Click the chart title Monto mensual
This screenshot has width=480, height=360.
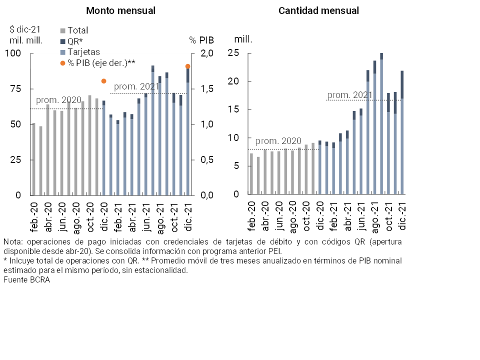120,10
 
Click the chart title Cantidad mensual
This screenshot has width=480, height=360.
318,10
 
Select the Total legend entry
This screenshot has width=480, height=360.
77,30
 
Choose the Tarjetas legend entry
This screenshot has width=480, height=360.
83,52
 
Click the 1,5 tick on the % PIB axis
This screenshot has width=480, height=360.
207,89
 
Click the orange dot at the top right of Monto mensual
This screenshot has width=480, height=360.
188,66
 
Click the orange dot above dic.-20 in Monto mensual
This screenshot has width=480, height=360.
103,81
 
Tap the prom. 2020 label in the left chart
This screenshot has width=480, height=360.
58,100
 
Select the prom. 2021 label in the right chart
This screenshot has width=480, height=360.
350,95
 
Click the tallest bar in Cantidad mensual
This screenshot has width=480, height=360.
381,125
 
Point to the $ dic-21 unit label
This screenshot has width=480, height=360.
25,29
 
